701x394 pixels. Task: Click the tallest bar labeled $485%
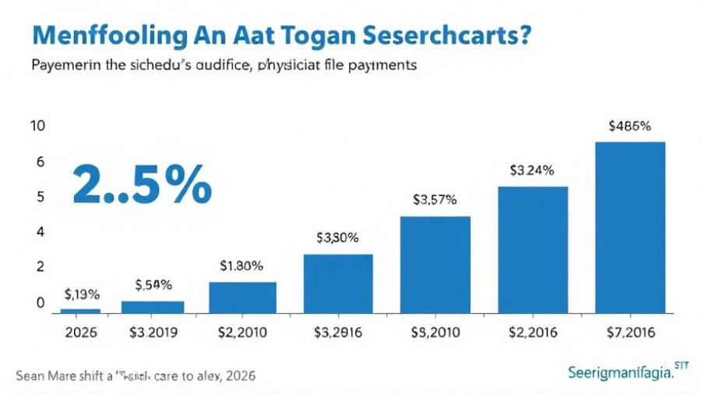tap(630, 227)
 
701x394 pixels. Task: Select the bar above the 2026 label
tap(80, 310)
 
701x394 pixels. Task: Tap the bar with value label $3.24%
tap(533, 249)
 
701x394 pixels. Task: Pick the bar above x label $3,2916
tap(338, 283)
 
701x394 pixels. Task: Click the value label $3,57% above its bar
tap(435, 199)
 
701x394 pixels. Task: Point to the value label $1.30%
tap(241, 266)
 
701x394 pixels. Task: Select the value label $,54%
tap(153, 285)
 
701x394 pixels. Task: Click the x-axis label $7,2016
tap(630, 333)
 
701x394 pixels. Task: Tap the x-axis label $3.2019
tap(153, 333)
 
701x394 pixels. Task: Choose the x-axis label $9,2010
tap(435, 333)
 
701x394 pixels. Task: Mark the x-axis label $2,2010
tap(241, 333)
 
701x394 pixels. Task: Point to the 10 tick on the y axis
tap(37, 126)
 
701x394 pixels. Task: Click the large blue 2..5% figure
tap(141, 184)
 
